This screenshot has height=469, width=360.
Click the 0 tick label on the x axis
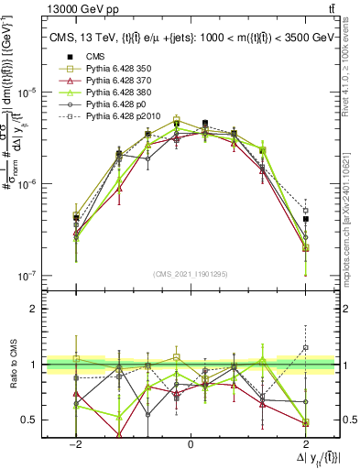point(191,442)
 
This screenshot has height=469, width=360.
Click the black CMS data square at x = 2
point(306,219)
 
